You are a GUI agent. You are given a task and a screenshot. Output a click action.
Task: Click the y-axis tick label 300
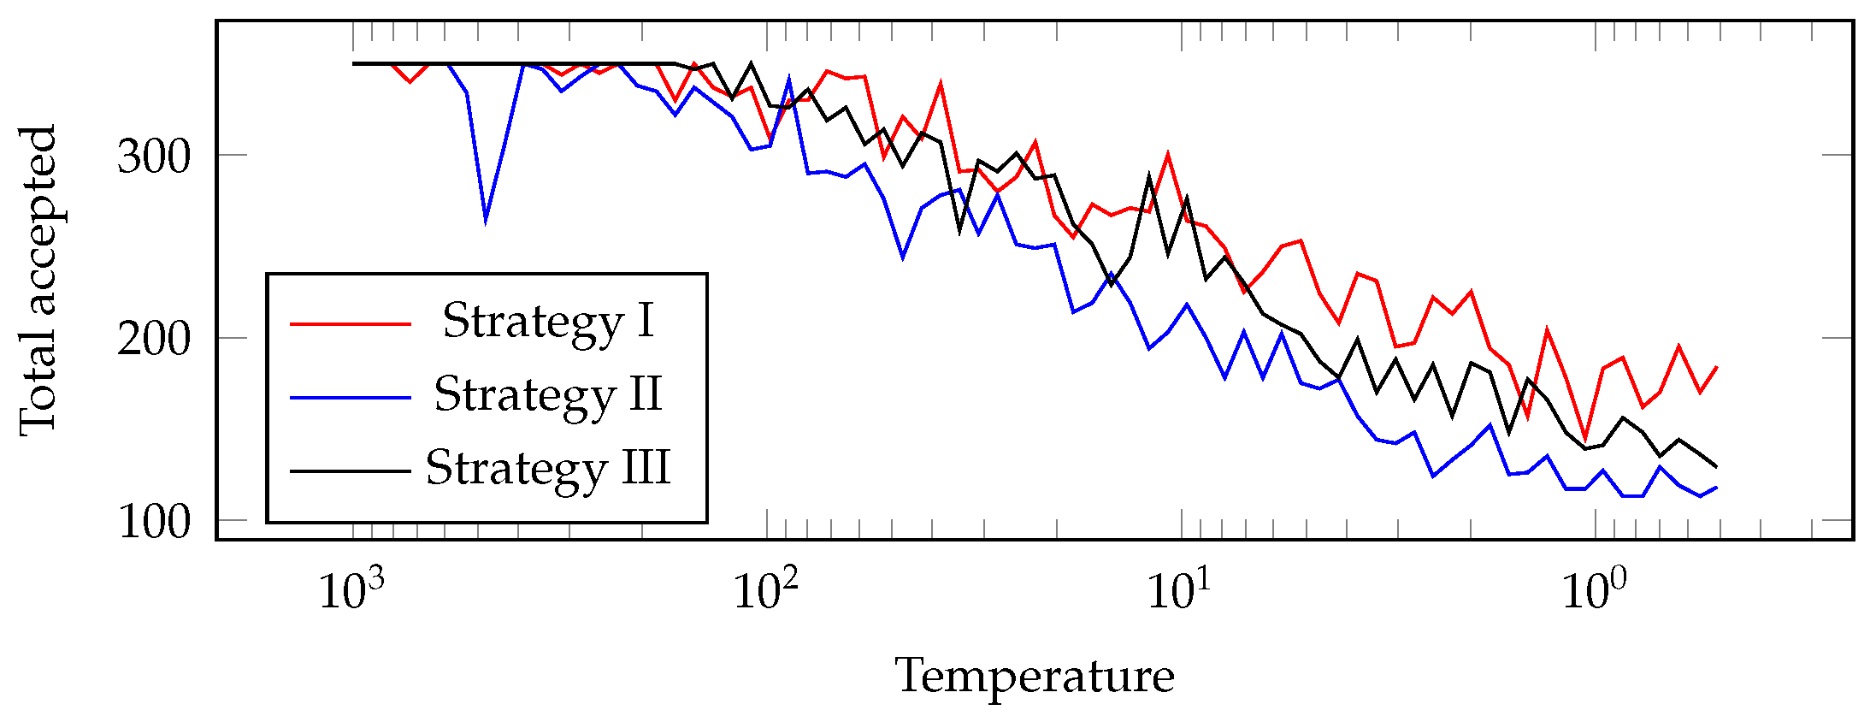[x=153, y=157]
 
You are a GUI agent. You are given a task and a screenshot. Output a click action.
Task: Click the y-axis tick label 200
[x=153, y=340]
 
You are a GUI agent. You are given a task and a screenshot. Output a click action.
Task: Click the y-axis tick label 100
[x=153, y=522]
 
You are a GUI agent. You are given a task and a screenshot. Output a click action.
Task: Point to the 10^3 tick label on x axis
[x=351, y=589]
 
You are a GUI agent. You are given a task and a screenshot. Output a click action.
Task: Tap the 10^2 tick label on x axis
[x=766, y=589]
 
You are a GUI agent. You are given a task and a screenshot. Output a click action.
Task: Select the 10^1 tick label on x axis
[x=1180, y=589]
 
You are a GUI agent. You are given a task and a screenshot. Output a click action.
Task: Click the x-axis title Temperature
[x=1035, y=677]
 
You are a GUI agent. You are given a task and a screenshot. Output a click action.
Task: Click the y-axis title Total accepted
[x=38, y=281]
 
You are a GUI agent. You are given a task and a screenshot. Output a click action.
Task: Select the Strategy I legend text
[x=548, y=322]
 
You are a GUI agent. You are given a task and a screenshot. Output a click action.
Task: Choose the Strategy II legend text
[x=548, y=395]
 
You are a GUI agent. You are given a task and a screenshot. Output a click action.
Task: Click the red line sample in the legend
[x=351, y=323]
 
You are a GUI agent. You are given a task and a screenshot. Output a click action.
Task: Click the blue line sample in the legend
[x=351, y=397]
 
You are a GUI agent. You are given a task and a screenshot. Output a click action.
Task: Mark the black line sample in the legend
[x=351, y=470]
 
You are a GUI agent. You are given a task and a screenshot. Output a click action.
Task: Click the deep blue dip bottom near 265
[x=486, y=221]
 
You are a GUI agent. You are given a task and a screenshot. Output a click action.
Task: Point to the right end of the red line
[x=1717, y=366]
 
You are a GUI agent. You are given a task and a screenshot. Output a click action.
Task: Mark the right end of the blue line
[x=1717, y=488]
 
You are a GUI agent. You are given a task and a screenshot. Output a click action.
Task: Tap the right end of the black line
[x=1717, y=467]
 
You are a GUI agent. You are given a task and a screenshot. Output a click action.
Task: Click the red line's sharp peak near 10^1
[x=1168, y=155]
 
